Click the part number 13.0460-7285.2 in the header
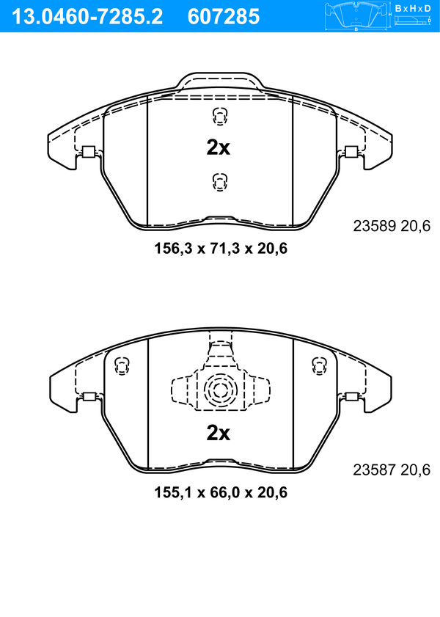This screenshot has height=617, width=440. coord(87,17)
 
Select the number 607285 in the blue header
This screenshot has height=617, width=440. coord(224,17)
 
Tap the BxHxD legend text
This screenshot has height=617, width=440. coord(413,8)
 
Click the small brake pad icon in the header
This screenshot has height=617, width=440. coord(356,15)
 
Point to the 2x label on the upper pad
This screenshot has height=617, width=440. coord(219,147)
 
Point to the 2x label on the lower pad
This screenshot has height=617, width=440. coord(219,433)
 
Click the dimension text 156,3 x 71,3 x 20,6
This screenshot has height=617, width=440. coord(221,248)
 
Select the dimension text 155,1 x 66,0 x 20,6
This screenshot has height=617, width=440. coord(221,492)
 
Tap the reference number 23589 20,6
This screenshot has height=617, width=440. coord(392,226)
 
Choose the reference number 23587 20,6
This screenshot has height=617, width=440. coord(392,470)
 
